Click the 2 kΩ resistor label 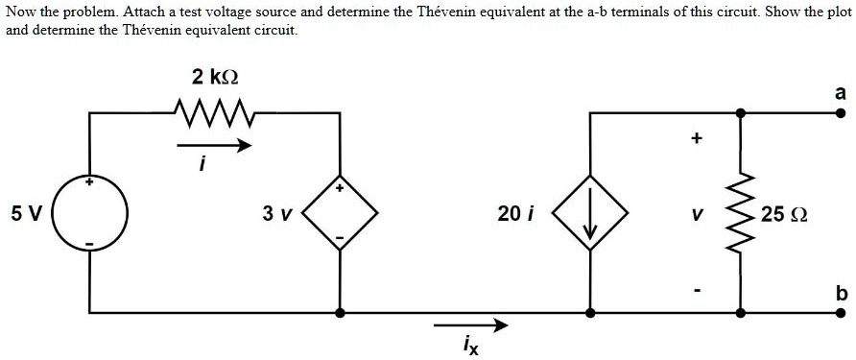coord(214,77)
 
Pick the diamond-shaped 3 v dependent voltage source coord(339,213)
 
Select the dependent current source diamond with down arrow coord(589,213)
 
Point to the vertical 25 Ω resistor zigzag coord(740,213)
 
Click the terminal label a coord(840,93)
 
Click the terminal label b coord(840,294)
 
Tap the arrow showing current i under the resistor coord(215,146)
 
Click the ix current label coord(469,344)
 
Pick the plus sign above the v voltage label coord(696,139)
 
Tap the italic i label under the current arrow coord(202,165)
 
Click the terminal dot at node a coord(840,113)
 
